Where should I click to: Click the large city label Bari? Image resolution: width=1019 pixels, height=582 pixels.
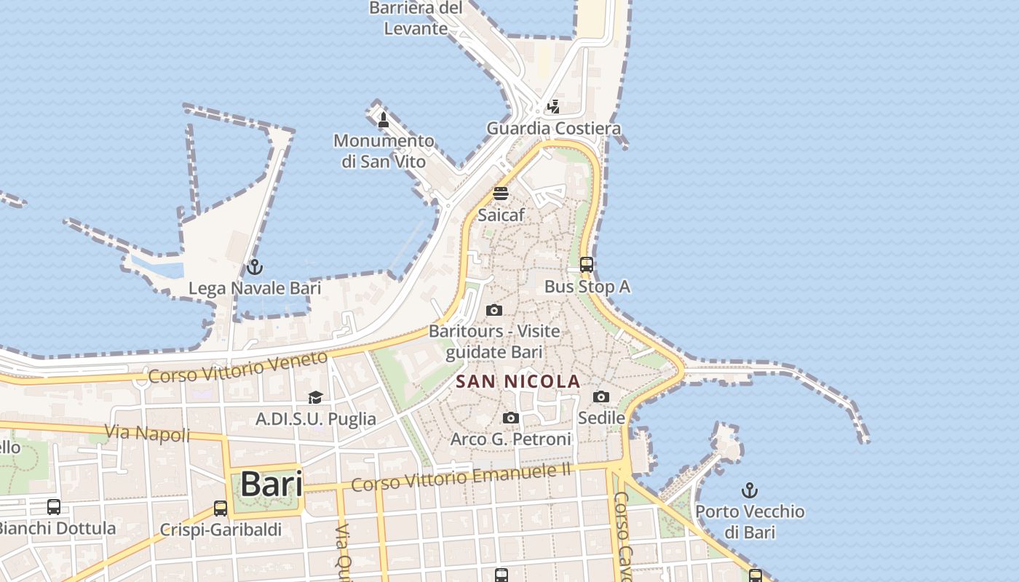(271, 485)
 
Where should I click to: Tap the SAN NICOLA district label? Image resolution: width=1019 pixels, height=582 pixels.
(518, 381)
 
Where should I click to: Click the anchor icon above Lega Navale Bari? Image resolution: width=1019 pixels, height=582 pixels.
(254, 267)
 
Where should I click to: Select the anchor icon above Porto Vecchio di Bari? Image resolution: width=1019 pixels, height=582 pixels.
(749, 490)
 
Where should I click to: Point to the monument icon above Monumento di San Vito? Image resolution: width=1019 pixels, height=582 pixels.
(384, 120)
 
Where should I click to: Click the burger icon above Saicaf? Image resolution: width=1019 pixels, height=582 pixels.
(501, 194)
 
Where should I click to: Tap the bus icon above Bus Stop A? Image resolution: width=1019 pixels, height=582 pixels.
(587, 265)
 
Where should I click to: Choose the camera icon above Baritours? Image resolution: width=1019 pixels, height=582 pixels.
(494, 311)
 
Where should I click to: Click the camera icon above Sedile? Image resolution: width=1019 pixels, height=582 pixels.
(601, 396)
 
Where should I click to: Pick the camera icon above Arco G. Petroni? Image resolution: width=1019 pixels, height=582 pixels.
(511, 418)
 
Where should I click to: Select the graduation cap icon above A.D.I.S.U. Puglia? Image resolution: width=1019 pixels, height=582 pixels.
(315, 397)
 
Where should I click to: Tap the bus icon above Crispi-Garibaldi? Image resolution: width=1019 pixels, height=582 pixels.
(221, 509)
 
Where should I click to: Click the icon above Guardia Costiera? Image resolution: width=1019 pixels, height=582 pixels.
(554, 107)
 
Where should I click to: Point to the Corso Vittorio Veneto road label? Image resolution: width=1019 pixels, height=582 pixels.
(238, 367)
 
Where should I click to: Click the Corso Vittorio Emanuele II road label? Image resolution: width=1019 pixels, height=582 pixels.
(461, 478)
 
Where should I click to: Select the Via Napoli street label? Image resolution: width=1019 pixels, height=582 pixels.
(147, 434)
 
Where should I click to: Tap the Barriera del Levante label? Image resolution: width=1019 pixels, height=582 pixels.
(416, 19)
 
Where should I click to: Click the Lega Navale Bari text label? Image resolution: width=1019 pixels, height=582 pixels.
(255, 288)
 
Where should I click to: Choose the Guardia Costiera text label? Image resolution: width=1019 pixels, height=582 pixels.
(554, 129)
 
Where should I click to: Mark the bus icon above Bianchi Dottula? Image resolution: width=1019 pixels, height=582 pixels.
(54, 507)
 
